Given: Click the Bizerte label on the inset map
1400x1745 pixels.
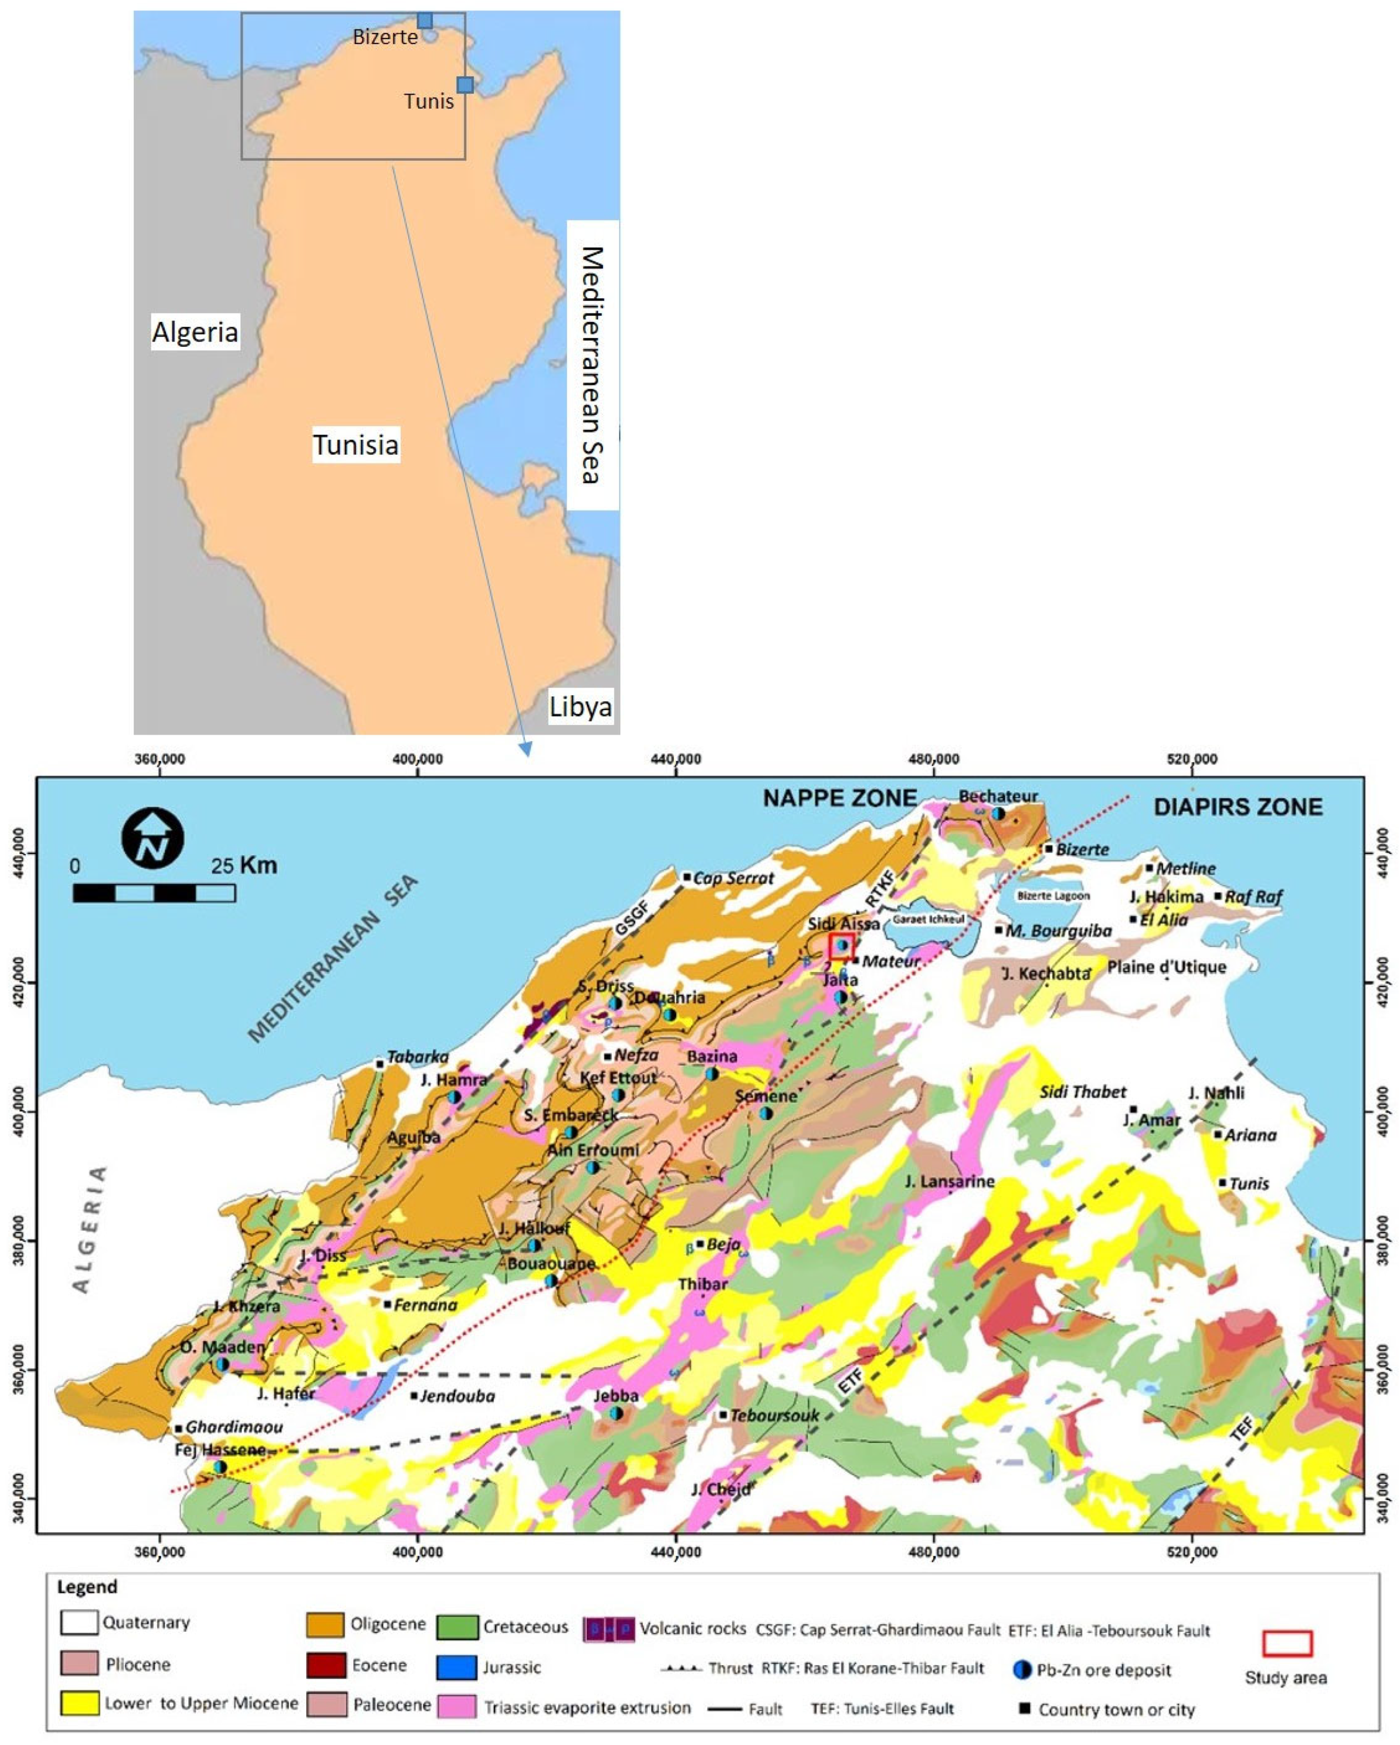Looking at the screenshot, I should (x=385, y=37).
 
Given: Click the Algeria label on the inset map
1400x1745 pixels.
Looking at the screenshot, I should (x=195, y=332).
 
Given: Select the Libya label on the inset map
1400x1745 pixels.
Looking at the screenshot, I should (x=580, y=707).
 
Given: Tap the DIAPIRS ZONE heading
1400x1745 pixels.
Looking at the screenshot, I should (x=1238, y=807).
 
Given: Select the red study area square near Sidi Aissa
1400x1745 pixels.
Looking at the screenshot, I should (x=841, y=945).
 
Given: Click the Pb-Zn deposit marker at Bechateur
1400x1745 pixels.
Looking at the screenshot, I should (x=999, y=813).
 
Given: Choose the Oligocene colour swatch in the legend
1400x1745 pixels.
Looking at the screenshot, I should (x=324, y=1625).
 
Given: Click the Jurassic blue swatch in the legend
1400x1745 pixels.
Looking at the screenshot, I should (x=456, y=1667).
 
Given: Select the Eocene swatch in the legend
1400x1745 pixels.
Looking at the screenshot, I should (x=324, y=1666).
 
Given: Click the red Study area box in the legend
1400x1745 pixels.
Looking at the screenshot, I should (x=1287, y=1644).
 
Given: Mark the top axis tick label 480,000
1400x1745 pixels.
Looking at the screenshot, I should (x=934, y=759).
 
